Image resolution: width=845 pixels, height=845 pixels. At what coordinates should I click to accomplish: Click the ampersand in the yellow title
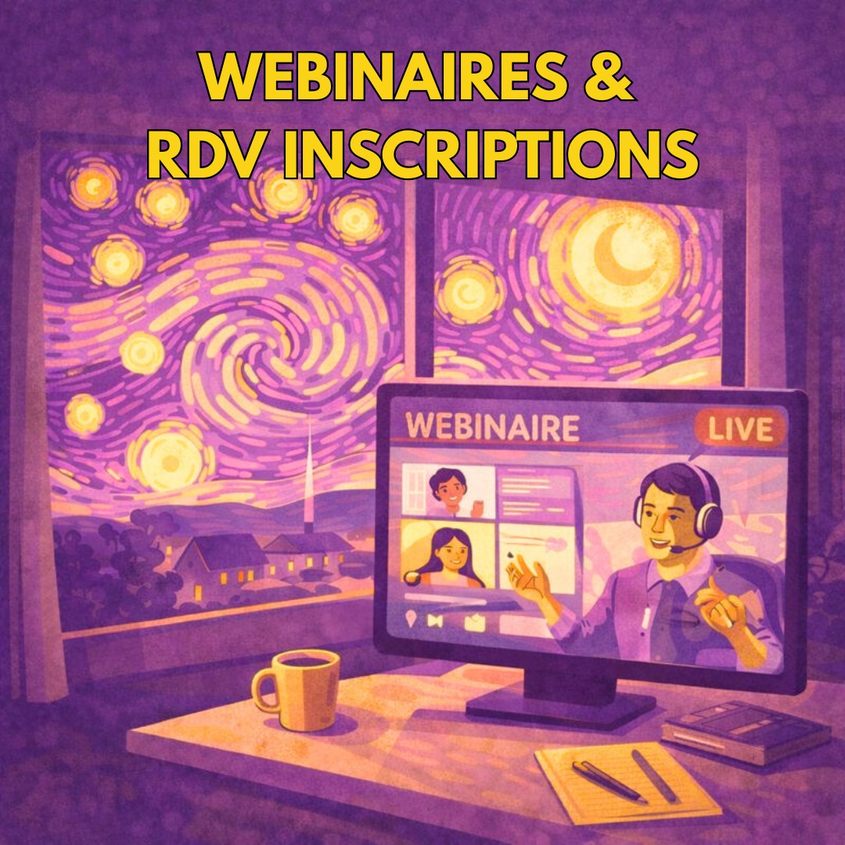[609, 76]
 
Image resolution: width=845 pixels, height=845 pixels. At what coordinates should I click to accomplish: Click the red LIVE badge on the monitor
[740, 430]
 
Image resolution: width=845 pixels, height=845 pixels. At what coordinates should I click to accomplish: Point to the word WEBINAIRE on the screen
[492, 427]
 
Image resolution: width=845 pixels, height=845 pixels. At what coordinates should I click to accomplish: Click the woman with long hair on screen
[447, 557]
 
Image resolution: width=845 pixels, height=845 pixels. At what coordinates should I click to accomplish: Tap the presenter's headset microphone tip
[674, 549]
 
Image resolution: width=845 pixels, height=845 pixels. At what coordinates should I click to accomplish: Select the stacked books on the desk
[746, 730]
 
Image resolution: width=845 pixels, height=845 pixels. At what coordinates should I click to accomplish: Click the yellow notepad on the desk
[627, 782]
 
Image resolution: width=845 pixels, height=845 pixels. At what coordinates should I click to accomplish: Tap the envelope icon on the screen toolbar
[474, 623]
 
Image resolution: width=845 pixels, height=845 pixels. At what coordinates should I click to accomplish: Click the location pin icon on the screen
[412, 619]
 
